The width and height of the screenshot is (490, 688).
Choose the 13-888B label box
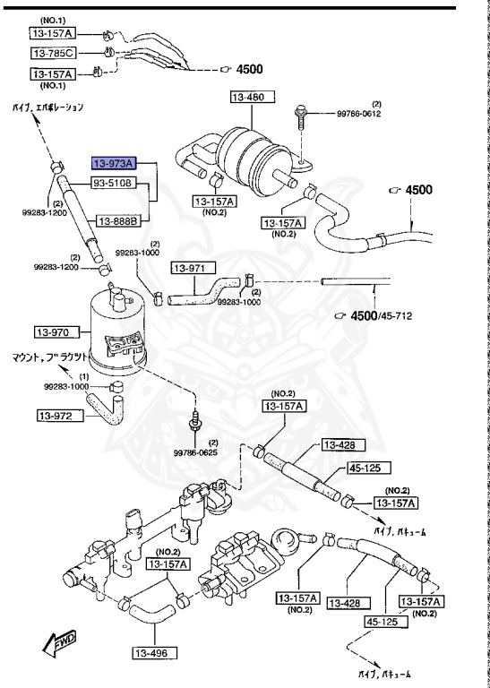tap(118, 219)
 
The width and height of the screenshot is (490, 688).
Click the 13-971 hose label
tap(190, 268)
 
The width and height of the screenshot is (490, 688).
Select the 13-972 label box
tap(59, 415)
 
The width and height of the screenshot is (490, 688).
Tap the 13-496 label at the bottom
tap(158, 654)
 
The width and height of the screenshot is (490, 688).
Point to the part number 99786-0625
tap(195, 453)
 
